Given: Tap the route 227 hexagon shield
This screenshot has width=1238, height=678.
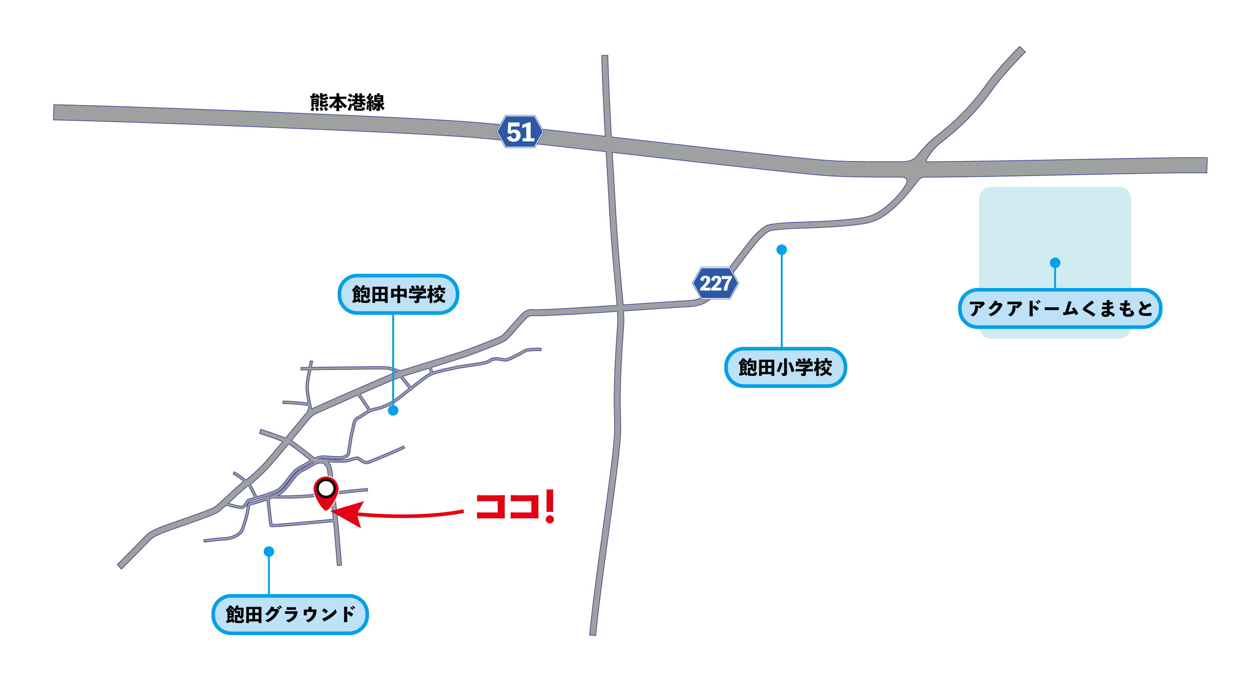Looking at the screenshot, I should click(x=715, y=283).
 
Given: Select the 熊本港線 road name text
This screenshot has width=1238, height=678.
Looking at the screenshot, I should click(x=347, y=102).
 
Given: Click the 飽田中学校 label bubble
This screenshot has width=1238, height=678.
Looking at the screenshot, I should click(x=398, y=294).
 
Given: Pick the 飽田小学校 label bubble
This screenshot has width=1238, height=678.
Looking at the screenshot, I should click(x=785, y=367).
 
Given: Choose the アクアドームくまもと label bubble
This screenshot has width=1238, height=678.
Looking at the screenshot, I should click(x=1060, y=308).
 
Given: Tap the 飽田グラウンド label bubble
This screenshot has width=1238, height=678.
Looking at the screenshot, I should click(x=290, y=614).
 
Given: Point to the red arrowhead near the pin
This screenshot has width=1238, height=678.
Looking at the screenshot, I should click(x=349, y=514).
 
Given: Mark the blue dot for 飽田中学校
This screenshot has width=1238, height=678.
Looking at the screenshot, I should click(x=393, y=411).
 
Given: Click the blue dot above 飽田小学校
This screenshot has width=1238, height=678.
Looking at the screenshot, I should click(x=782, y=249).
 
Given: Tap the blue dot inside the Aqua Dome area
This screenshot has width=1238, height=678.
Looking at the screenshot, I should click(x=1055, y=263).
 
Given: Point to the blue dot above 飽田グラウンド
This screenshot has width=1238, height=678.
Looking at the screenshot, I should click(x=269, y=552).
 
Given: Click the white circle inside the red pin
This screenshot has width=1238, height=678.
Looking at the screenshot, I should click(x=326, y=489).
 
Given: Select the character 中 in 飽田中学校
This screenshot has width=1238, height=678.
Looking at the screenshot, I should click(x=398, y=294).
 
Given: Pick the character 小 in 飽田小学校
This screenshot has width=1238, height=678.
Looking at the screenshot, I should click(x=785, y=367).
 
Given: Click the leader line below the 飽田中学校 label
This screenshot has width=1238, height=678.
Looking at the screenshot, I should click(x=393, y=360).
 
